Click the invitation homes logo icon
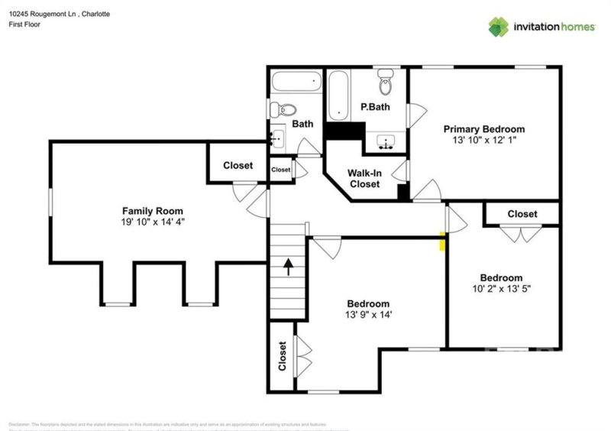(499, 27)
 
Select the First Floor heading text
(24, 24)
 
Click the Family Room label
(153, 211)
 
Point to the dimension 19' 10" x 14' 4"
(153, 222)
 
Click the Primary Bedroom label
(484, 129)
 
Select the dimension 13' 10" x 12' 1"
(484, 141)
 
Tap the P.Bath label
(375, 107)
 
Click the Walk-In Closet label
(364, 179)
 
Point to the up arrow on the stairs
(289, 267)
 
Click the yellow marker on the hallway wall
(442, 241)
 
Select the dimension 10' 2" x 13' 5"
(501, 289)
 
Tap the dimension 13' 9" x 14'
(368, 314)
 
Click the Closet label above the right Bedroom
(522, 214)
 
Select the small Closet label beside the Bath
(281, 170)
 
